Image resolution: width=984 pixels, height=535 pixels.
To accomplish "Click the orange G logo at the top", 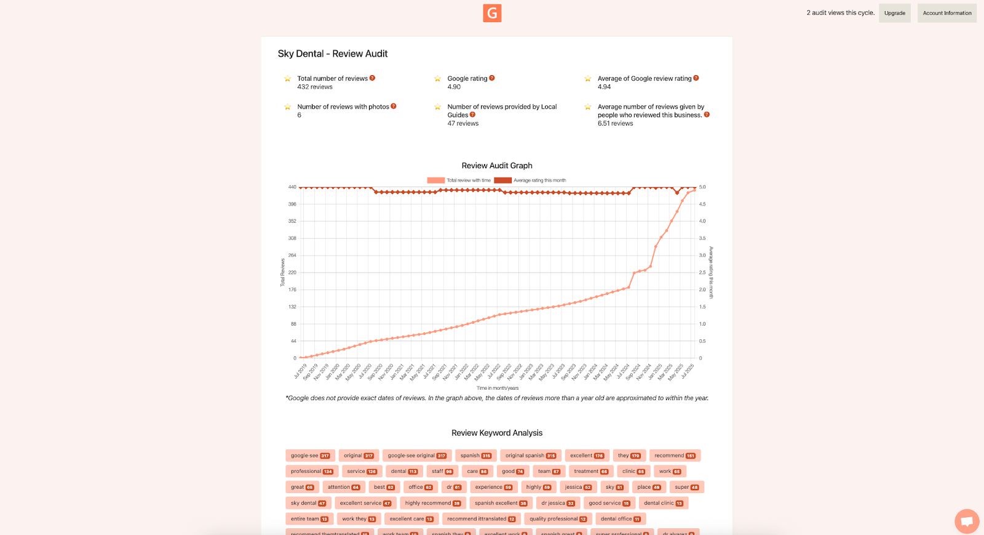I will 492,13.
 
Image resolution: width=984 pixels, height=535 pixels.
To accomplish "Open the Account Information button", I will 946,13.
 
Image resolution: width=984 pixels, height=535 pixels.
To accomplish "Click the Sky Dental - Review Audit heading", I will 333,54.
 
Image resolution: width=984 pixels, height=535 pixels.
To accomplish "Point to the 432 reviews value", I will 315,87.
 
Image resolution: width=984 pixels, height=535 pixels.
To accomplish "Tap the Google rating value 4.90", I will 454,87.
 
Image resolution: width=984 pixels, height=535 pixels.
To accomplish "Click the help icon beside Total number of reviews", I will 372,78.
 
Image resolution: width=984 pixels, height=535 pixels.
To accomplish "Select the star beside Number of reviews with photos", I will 287,107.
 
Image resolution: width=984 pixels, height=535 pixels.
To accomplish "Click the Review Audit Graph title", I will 497,166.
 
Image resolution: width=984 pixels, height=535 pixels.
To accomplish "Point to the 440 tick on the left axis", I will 292,187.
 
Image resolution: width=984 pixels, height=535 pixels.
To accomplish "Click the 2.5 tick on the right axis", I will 702,272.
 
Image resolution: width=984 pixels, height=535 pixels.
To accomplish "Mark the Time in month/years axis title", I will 498,388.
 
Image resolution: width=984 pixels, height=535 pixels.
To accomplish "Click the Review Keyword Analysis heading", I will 497,433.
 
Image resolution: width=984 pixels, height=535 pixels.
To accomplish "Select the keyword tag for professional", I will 312,472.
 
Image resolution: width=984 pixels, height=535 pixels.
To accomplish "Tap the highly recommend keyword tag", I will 432,503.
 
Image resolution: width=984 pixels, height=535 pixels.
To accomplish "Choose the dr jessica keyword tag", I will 558,503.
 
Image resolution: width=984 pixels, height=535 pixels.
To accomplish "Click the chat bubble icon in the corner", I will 966,521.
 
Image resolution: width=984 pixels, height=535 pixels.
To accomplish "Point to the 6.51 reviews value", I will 615,124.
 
